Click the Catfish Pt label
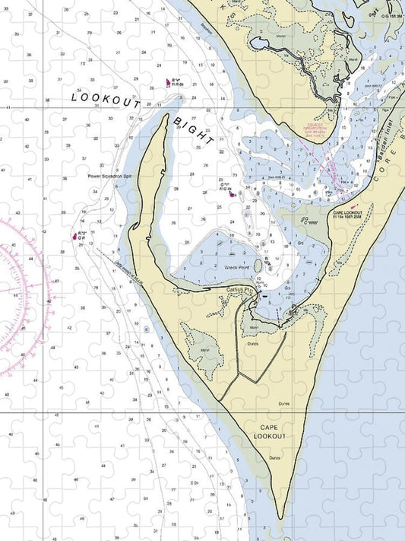click(x=239, y=290)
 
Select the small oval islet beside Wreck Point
click(x=258, y=266)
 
